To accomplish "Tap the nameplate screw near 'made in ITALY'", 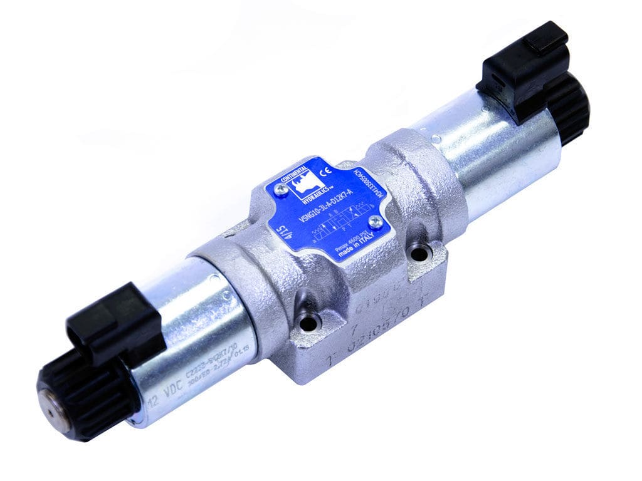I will [376, 220].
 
